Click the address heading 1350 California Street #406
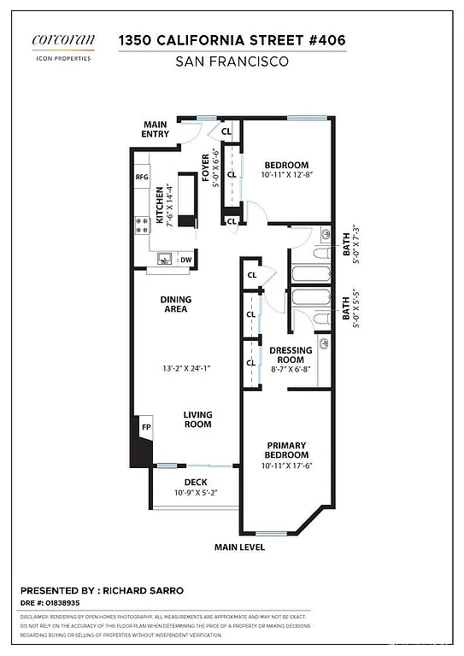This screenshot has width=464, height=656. click(x=232, y=40)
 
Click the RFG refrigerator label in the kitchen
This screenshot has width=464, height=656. click(x=142, y=177)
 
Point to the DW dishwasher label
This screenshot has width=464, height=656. click(x=185, y=260)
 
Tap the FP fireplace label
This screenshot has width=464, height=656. click(x=146, y=427)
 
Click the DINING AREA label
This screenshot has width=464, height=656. click(x=175, y=304)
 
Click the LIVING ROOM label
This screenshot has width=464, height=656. click(x=197, y=419)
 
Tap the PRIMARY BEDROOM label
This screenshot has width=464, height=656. click(x=286, y=450)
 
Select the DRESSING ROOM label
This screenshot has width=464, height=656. click(x=291, y=355)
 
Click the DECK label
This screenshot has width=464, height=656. click(x=196, y=483)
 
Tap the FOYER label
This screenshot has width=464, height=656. click(x=205, y=167)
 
